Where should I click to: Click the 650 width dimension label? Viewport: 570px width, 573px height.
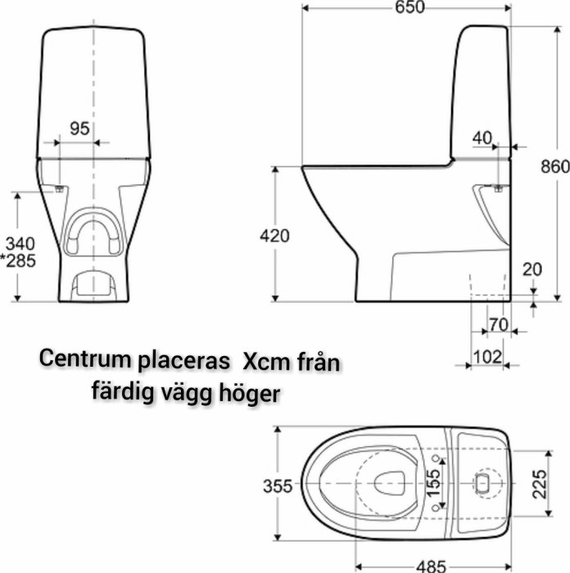[409, 7]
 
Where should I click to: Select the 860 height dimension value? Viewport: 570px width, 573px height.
[555, 167]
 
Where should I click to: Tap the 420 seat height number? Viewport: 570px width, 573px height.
[274, 236]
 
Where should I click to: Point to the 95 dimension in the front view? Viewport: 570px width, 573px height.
[79, 129]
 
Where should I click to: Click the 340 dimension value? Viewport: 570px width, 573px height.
[20, 243]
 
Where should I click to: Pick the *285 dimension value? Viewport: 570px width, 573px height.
[18, 261]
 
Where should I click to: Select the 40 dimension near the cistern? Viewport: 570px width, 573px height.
[482, 138]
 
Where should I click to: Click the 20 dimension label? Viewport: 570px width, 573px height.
[532, 269]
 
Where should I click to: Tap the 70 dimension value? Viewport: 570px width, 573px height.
[498, 324]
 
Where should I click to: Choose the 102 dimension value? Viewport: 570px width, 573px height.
[487, 357]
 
